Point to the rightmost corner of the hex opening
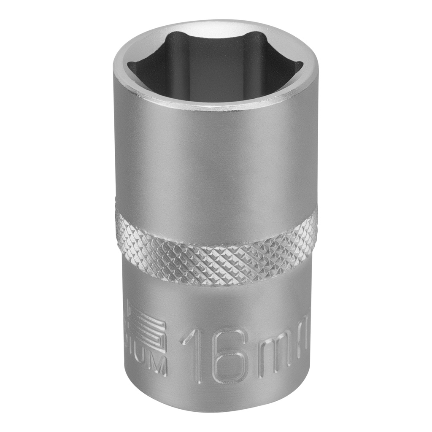click(x=302, y=65)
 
